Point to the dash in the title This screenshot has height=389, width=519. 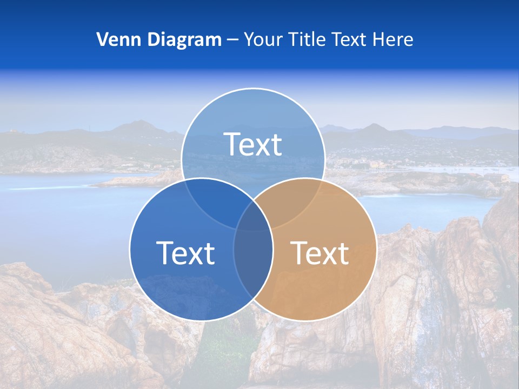(x=232, y=40)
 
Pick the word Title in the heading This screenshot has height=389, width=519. (x=306, y=39)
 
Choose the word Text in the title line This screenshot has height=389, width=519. (x=353, y=39)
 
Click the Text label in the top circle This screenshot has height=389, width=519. (x=252, y=144)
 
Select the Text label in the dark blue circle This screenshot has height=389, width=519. (x=185, y=252)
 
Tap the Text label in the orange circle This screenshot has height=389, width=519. (x=320, y=252)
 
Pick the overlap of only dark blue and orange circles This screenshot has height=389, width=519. (x=253, y=265)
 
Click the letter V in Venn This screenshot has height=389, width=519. (x=102, y=39)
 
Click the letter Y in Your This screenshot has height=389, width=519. (x=249, y=39)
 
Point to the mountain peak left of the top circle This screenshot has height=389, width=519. (x=139, y=124)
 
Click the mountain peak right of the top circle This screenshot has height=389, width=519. (x=374, y=126)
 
